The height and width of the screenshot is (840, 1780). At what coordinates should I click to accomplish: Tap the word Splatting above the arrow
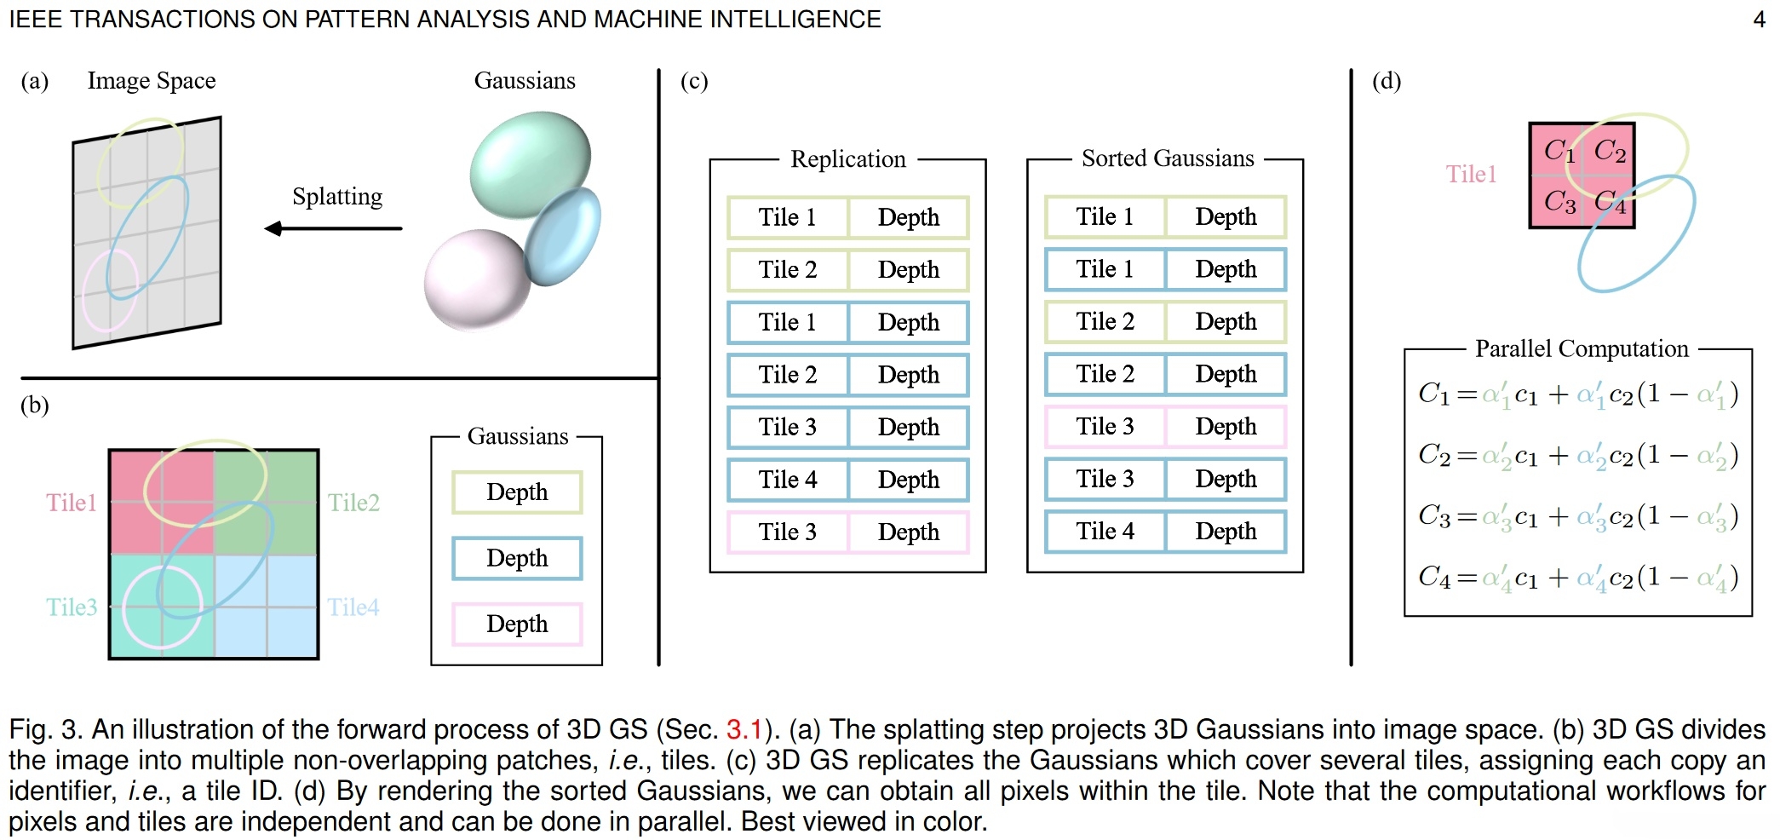(337, 197)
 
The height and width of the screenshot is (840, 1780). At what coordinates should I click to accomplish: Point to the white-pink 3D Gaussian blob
(476, 279)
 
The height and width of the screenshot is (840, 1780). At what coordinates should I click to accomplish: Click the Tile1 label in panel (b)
(72, 503)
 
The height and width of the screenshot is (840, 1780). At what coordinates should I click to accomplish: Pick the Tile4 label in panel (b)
(353, 607)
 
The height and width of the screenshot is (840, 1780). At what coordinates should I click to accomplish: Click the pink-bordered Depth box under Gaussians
(517, 624)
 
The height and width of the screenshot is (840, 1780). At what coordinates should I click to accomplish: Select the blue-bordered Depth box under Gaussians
(517, 559)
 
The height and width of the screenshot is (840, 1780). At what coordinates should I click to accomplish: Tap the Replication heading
(847, 159)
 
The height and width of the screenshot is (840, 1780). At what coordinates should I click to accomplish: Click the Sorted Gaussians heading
(1168, 158)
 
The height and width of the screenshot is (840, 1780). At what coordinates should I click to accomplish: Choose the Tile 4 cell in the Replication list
(788, 480)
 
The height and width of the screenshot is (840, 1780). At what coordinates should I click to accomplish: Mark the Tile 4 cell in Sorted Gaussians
(1105, 532)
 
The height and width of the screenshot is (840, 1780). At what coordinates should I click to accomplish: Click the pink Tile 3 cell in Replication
(788, 532)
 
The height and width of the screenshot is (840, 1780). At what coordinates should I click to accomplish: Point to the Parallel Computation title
(1581, 348)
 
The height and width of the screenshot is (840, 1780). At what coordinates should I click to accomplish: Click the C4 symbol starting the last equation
(1433, 578)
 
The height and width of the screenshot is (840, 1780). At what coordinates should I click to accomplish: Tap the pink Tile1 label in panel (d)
(1471, 175)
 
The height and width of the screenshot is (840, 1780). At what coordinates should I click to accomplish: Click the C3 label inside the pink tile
(1559, 201)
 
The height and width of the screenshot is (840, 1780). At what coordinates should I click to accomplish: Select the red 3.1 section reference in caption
(744, 730)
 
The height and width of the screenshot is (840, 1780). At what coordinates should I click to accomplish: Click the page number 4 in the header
(1759, 20)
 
